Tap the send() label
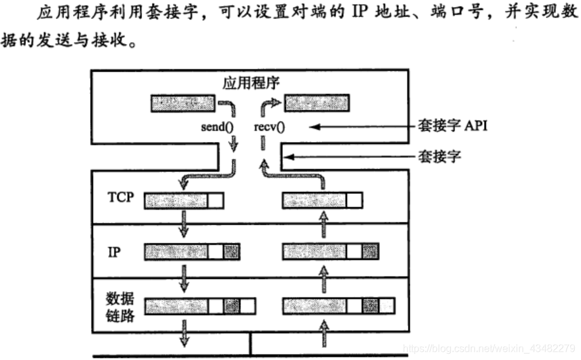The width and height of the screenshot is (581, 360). tap(216, 127)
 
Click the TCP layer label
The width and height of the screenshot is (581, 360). tap(121, 197)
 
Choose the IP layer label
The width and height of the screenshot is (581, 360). tap(115, 251)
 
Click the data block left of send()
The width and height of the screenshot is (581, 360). tap(181, 102)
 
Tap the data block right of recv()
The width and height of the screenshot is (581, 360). tap(317, 102)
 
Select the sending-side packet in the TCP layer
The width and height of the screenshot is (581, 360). tap(185, 200)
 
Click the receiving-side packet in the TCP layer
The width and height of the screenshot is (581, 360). tap(322, 200)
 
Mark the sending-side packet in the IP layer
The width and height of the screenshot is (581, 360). tap(192, 252)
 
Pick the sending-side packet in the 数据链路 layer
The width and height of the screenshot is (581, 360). tap(200, 307)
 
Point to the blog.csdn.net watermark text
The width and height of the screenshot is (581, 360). tap(489, 348)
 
